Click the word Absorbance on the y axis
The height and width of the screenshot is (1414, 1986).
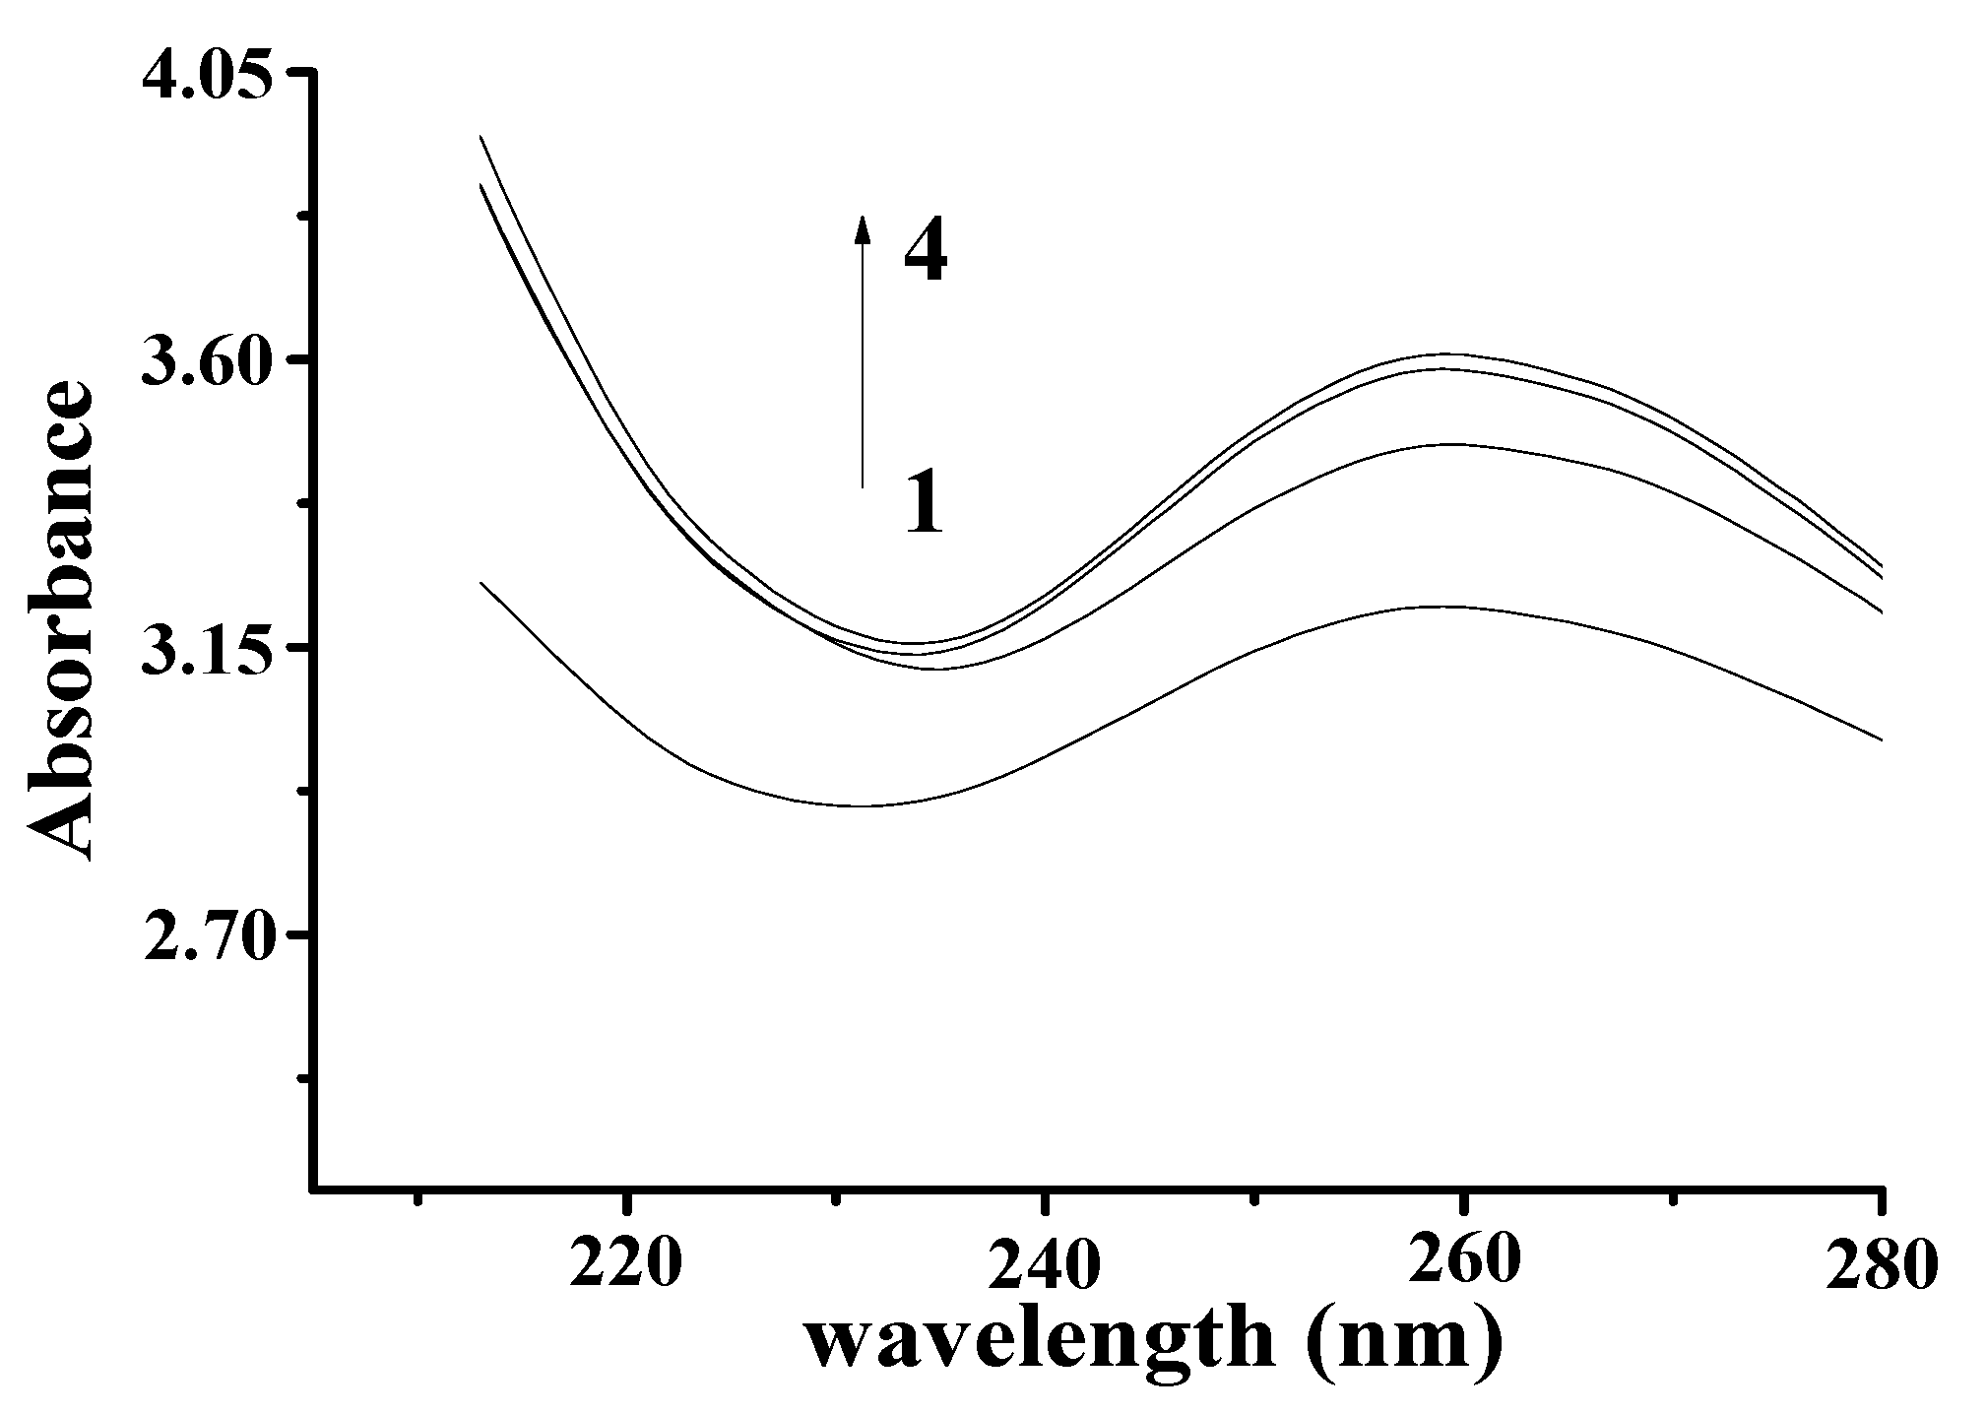tap(61, 622)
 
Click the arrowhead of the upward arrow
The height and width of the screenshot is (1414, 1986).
tap(862, 228)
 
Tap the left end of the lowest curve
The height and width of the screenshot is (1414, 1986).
tap(480, 583)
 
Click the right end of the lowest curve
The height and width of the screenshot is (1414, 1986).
tap(1882, 739)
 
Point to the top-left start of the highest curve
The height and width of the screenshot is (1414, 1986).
tap(480, 136)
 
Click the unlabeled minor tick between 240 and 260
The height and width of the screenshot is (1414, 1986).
tap(1253, 1200)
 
